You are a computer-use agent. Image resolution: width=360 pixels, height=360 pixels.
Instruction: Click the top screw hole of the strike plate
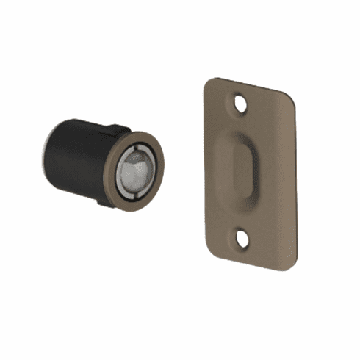click(x=240, y=104)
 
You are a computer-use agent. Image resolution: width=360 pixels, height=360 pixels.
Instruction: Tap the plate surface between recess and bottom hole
click(x=243, y=216)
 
